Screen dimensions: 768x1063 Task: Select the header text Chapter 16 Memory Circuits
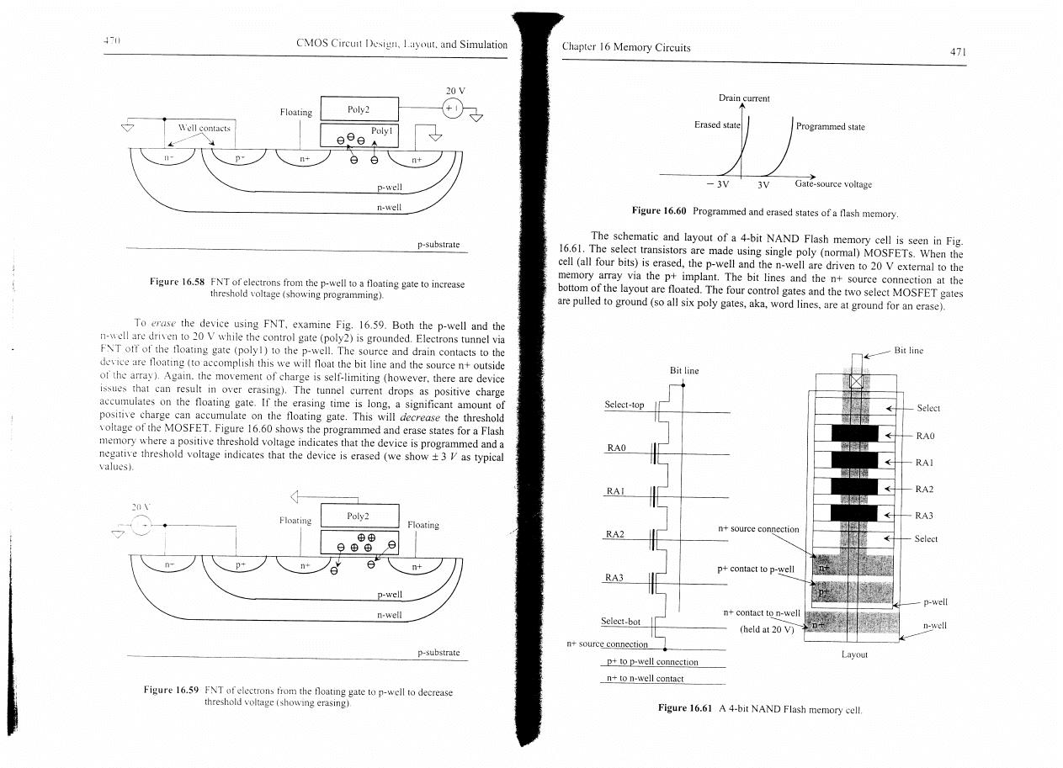(625, 47)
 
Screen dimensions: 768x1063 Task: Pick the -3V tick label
(716, 185)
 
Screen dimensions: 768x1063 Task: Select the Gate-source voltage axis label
(833, 184)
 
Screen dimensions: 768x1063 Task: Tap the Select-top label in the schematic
(625, 405)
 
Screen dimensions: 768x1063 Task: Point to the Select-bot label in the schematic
(620, 622)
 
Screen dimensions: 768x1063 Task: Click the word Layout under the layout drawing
(855, 653)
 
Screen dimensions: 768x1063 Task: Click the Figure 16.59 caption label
(172, 691)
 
